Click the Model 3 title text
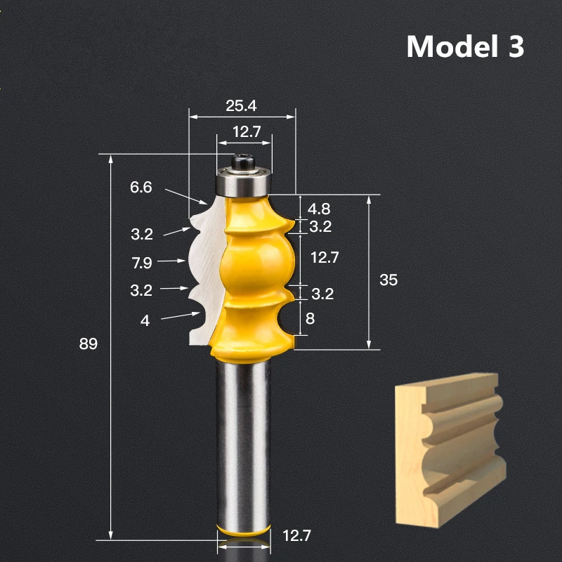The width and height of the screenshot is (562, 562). click(465, 46)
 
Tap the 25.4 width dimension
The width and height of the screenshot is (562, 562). click(241, 106)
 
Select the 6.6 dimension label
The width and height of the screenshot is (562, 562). click(141, 188)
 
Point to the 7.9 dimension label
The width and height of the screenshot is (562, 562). click(141, 262)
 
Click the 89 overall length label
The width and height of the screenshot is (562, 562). click(88, 344)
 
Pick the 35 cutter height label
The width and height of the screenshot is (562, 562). click(388, 280)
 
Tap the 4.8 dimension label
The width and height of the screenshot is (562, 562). click(319, 209)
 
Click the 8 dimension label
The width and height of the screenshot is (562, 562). click(311, 318)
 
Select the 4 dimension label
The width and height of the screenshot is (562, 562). click(145, 320)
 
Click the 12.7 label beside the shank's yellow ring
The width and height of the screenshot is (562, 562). click(296, 537)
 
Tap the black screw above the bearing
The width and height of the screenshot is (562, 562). click(243, 160)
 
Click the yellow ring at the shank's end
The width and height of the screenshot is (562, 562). click(243, 529)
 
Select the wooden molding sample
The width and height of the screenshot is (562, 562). click(450, 450)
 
